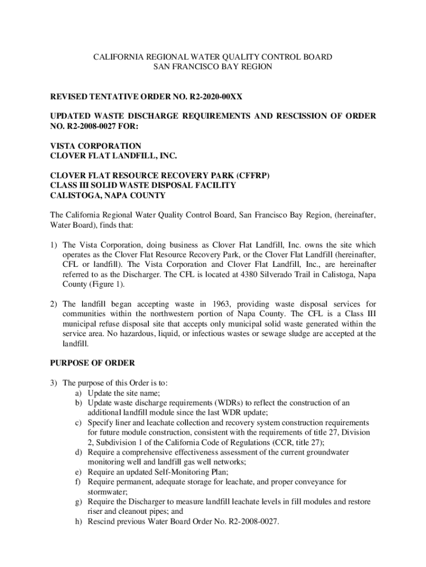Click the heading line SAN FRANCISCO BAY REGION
tap(212, 67)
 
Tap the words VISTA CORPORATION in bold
tap(96, 146)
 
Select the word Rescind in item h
tap(102, 521)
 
